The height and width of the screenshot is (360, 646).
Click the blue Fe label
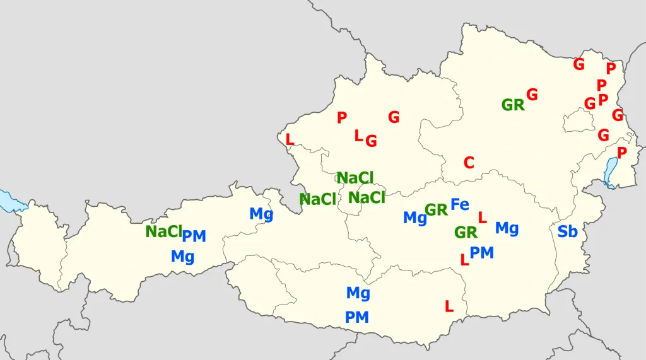460,204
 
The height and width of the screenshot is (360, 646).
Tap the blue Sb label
567,231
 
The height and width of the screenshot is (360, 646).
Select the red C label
469,163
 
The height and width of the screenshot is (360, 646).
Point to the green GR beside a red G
513,105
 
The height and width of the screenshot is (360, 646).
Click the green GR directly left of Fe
436,209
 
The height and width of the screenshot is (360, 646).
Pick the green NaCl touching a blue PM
163,231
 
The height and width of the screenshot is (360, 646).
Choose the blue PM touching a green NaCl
194,236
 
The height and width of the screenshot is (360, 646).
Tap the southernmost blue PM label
357,317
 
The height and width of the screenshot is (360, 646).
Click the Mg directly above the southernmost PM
358,293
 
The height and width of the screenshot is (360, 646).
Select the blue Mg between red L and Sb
507,228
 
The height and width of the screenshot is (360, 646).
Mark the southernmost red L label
449,306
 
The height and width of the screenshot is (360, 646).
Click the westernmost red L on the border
290,139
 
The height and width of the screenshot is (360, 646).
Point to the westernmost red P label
342,117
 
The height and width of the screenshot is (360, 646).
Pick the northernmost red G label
578,64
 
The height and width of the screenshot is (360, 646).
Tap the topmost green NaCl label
355,178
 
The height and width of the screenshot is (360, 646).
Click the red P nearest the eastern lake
622,153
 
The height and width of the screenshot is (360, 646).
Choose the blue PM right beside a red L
482,253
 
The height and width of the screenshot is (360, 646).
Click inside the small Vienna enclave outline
578,120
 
